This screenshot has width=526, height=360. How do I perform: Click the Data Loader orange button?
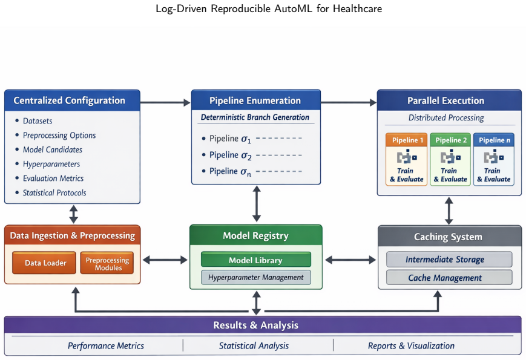tap(44, 263)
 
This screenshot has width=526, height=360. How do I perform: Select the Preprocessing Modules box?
tap(107, 263)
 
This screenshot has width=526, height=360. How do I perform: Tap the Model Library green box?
tap(256, 260)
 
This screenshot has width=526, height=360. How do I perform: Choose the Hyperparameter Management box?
tap(256, 277)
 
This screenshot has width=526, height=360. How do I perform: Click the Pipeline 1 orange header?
tap(406, 140)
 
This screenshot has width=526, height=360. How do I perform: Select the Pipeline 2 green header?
tap(450, 140)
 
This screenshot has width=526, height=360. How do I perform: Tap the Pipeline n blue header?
tap(494, 140)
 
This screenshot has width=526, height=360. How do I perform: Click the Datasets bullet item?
tap(34, 120)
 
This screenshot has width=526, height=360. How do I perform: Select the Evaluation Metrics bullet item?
tap(50, 178)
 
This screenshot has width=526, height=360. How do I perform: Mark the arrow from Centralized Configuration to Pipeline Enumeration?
tap(165, 103)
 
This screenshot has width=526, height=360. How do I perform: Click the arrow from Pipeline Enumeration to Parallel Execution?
tap(349, 103)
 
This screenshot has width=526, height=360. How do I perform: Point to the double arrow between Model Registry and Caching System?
tap(350, 260)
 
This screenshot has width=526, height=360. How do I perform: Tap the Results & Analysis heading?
tap(256, 325)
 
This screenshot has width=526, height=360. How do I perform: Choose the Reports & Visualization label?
tap(411, 345)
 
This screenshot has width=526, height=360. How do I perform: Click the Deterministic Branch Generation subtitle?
tap(255, 117)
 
